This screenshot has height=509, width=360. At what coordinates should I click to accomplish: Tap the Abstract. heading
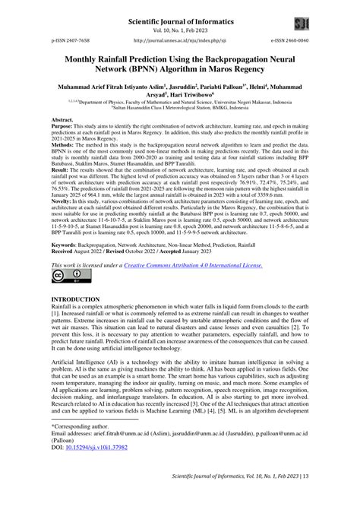(x=62, y=121)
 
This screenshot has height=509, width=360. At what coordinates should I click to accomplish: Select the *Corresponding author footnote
(x=81, y=450)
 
